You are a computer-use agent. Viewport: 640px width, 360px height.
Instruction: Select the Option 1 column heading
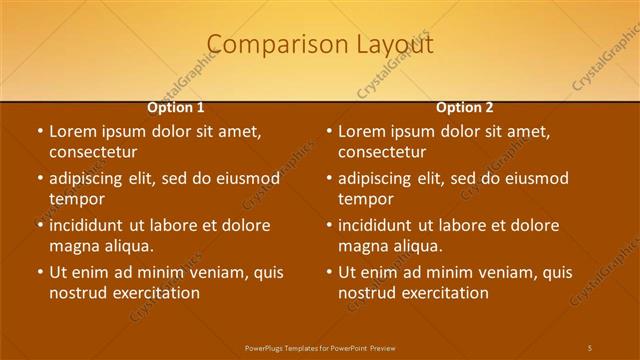(x=176, y=107)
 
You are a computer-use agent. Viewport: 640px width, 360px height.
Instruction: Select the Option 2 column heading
(x=465, y=107)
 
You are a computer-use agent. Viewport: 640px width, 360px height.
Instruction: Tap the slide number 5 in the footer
(x=589, y=346)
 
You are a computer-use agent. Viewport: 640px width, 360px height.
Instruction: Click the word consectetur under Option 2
(x=381, y=152)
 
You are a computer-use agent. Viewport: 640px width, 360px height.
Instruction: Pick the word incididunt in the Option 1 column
(x=88, y=225)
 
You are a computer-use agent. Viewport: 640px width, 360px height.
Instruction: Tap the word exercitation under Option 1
(x=159, y=293)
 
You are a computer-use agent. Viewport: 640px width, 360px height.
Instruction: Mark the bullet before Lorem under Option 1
(x=39, y=131)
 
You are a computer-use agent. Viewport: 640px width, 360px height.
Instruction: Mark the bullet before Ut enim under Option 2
(x=329, y=272)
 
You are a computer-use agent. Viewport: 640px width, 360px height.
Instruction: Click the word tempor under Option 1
(x=77, y=199)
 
